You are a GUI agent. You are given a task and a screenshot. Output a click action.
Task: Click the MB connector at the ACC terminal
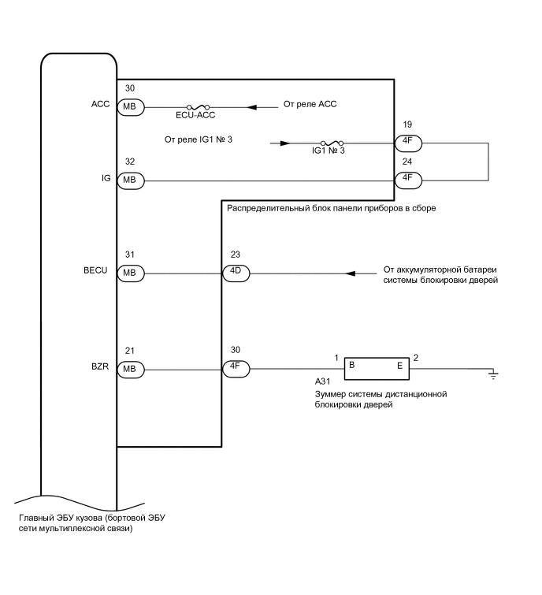(x=130, y=106)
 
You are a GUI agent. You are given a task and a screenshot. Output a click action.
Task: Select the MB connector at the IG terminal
(x=130, y=180)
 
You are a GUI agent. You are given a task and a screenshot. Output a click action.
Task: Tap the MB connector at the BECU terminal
(x=130, y=273)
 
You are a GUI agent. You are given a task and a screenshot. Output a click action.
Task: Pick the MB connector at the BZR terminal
(x=130, y=368)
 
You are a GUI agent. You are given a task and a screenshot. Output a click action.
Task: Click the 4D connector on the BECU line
(x=236, y=273)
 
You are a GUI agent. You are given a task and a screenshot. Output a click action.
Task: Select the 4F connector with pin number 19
(x=407, y=143)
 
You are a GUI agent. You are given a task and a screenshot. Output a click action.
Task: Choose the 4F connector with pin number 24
(x=407, y=180)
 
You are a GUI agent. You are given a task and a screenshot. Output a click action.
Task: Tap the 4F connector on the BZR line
(x=236, y=368)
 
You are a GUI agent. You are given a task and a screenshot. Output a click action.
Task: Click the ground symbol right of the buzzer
(x=494, y=373)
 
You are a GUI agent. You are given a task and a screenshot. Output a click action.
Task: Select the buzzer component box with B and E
(x=376, y=366)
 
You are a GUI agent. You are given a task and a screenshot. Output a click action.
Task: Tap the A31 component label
(x=323, y=380)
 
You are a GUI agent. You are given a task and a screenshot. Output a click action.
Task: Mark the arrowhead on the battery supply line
(x=351, y=273)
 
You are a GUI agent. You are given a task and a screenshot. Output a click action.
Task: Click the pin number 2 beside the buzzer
(x=416, y=358)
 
